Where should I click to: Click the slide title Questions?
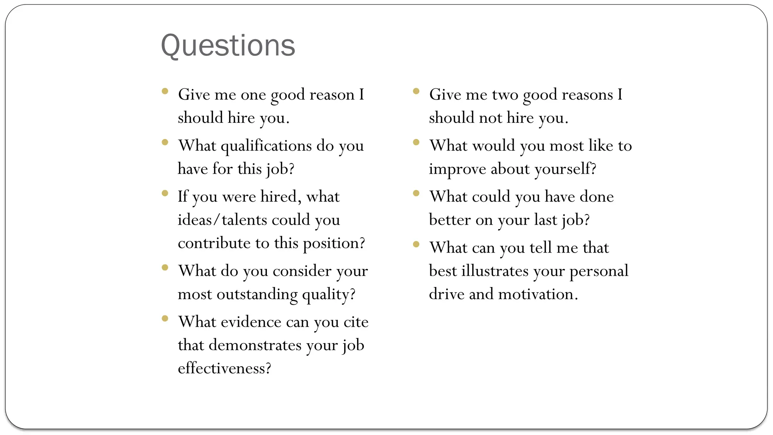tap(228, 45)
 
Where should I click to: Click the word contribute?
tap(214, 243)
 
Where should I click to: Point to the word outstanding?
tap(257, 294)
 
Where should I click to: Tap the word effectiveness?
tap(224, 368)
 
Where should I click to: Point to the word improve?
tap(457, 169)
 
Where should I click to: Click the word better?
tap(449, 220)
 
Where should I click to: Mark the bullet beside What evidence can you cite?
tap(165, 318)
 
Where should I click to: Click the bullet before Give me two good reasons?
tap(416, 91)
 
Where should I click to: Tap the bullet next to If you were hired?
tap(165, 193)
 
